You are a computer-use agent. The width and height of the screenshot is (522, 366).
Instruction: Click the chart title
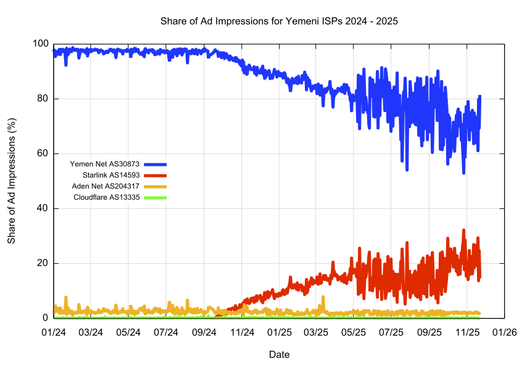pos(279,21)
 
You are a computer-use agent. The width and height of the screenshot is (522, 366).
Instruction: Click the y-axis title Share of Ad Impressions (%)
pos(12,181)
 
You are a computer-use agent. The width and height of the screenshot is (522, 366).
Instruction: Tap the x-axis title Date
pos(279,354)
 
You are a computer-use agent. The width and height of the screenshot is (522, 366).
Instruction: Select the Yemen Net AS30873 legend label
pos(105,165)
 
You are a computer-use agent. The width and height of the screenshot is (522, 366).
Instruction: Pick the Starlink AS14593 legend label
pos(111,176)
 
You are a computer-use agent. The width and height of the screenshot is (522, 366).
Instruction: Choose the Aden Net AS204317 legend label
pos(106,187)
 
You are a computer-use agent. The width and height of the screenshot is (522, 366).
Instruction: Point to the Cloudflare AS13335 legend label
pos(107,198)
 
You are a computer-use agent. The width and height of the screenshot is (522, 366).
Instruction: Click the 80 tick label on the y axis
pos(43,99)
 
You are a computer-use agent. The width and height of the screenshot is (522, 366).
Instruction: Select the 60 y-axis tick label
pos(43,153)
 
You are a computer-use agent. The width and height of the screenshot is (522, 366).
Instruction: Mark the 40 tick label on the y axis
pos(43,208)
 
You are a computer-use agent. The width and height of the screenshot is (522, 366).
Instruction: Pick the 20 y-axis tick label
pos(43,263)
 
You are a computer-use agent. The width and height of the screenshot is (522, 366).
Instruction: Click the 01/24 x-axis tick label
pos(54,332)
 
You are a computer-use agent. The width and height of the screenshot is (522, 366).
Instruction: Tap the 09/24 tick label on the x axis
pos(204,332)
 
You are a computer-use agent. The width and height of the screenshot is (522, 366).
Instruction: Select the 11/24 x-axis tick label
pos(242,332)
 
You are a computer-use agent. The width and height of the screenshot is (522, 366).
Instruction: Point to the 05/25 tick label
pos(354,332)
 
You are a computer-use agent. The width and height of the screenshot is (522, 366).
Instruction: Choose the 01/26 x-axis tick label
pos(505,332)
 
